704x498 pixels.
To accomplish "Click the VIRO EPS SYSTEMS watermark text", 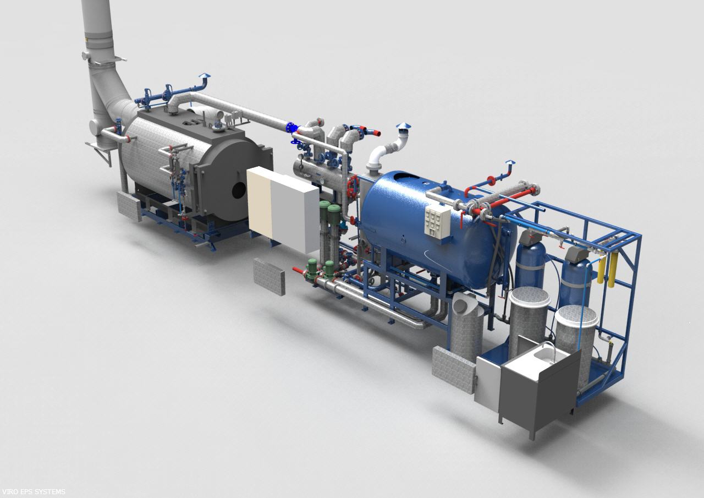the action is pyautogui.click(x=33, y=491).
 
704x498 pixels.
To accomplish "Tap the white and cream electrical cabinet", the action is pyautogui.click(x=283, y=209).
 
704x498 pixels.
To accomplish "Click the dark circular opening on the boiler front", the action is pyautogui.click(x=239, y=190).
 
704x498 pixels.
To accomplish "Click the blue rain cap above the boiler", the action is pyautogui.click(x=204, y=76).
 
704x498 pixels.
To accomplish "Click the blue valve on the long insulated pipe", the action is pyautogui.click(x=291, y=128).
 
